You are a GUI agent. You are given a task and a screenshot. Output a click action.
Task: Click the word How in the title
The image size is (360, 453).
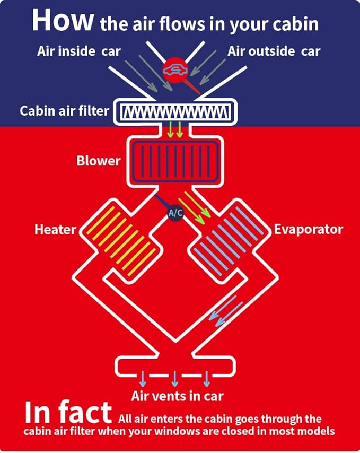[x=63, y=20]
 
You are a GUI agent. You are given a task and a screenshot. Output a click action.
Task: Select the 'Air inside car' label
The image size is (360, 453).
[x=79, y=51]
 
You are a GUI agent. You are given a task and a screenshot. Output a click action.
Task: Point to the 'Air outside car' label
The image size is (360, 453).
[x=274, y=51]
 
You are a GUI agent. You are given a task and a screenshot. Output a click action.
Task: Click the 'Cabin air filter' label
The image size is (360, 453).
[x=64, y=111]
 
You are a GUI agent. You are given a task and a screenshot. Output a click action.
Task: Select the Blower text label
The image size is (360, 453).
[x=98, y=161]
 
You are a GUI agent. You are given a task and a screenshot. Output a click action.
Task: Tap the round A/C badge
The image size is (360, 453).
[x=175, y=213]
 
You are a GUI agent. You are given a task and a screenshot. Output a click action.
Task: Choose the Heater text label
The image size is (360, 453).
[x=55, y=230]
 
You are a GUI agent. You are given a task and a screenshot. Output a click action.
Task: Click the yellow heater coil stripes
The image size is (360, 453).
[x=121, y=241]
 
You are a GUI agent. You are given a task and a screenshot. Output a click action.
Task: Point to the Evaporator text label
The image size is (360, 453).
[x=309, y=229]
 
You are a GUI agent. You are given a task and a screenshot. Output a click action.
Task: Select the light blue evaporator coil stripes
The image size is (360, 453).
[x=229, y=241]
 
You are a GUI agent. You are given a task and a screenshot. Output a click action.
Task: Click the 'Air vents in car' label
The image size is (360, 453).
[x=177, y=396]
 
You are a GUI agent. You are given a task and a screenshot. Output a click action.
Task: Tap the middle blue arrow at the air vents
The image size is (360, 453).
[x=174, y=379]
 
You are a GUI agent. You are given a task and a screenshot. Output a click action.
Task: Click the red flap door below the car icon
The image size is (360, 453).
[x=192, y=87]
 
